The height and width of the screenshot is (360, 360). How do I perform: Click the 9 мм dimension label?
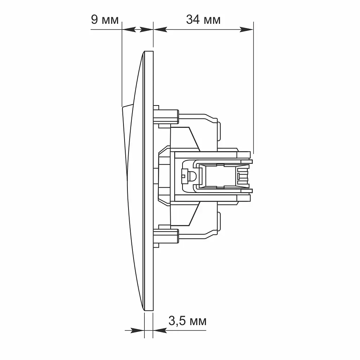click(105, 19)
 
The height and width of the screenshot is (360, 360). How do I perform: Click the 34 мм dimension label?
click(203, 19)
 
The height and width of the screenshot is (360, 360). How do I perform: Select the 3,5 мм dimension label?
click(187, 321)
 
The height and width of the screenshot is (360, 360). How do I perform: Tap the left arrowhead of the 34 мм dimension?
click(160, 30)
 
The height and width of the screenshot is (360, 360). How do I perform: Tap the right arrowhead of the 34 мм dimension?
click(246, 30)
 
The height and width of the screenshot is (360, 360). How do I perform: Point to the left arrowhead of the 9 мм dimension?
click(129, 30)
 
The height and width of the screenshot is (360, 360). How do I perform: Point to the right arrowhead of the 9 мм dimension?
click(146, 30)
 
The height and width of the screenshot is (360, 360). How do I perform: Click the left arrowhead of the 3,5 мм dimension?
click(137, 330)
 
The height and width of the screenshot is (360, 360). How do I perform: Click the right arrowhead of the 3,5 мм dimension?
click(160, 330)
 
